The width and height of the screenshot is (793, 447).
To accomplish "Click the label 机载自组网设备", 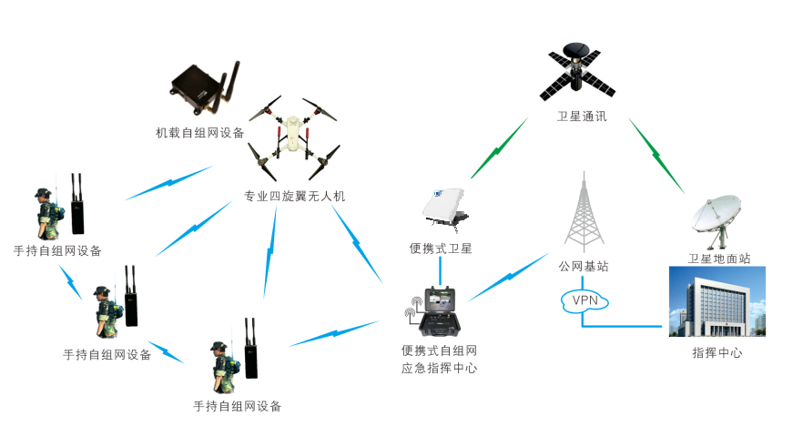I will coord(200,133).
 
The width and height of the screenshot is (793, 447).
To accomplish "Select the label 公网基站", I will coord(583,267).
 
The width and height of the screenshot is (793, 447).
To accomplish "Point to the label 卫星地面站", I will coord(719,259).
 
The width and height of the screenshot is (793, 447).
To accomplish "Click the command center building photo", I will coord(717,301).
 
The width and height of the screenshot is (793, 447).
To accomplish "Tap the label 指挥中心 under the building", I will coord(717,352).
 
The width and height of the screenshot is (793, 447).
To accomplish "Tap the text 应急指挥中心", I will coord(440,369).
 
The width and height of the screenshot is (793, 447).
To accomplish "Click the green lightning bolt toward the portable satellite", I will coord(497,147).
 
